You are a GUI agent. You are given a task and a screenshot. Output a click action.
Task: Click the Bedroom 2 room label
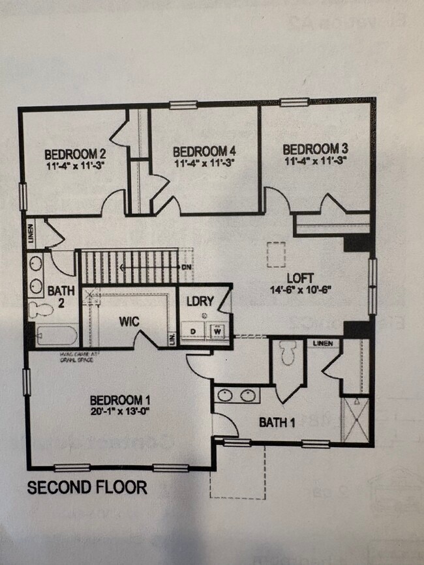coord(75,154)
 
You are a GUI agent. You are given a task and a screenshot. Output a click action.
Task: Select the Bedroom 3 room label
coord(311,148)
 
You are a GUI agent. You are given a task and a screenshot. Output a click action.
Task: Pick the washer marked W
coord(217,330)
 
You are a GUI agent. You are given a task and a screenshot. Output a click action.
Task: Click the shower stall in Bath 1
coord(356,418)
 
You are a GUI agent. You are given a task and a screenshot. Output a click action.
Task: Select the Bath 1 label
coord(277,422)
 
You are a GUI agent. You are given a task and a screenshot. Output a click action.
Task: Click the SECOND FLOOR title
coord(87,487)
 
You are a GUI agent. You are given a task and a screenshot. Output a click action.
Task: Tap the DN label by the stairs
coord(187,267)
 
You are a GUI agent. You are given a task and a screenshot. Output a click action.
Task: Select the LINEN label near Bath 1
coord(322,343)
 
